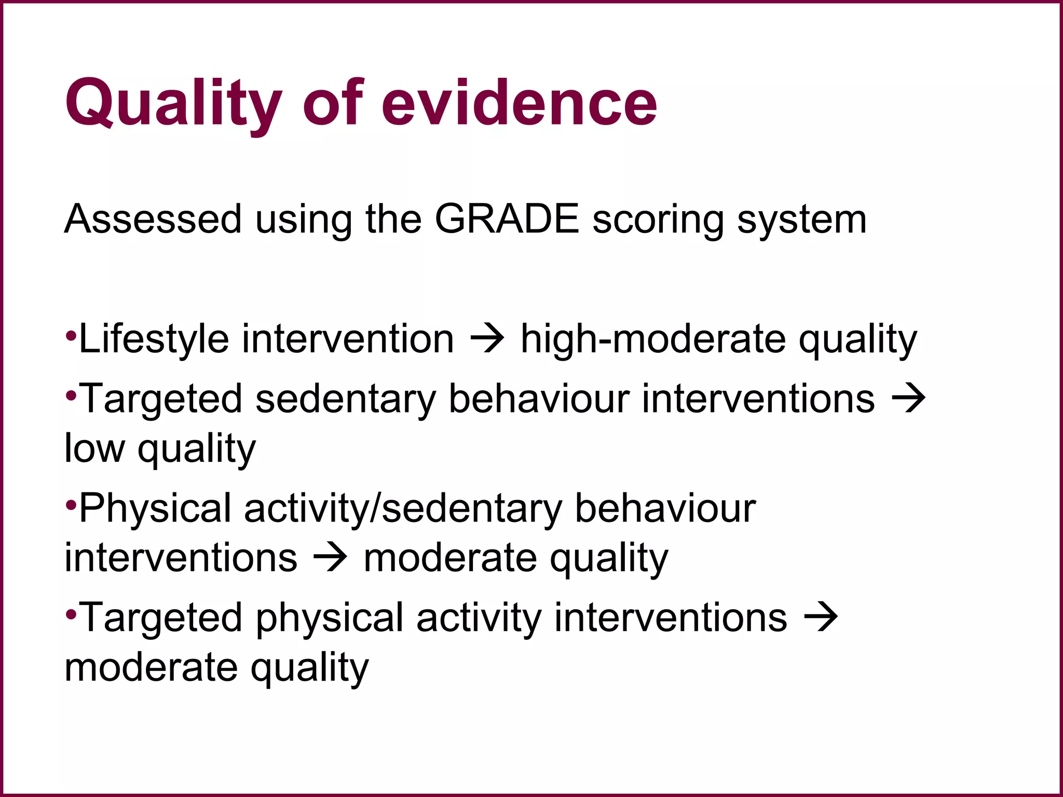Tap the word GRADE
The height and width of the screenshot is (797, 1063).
(x=507, y=219)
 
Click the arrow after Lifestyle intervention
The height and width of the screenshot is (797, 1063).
(x=487, y=339)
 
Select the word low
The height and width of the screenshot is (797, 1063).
(x=94, y=448)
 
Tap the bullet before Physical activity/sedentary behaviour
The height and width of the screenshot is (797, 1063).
(x=71, y=503)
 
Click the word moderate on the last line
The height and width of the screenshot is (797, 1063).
(x=151, y=667)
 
